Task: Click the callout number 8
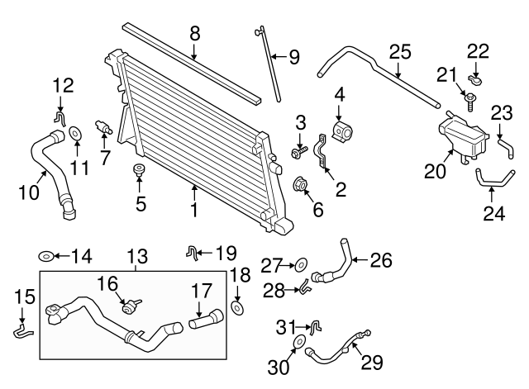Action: tap(195, 34)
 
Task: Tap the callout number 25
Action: tap(400, 52)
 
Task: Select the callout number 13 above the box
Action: tap(136, 257)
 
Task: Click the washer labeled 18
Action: tap(238, 307)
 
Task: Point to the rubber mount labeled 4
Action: tap(341, 131)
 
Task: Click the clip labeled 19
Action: tap(192, 251)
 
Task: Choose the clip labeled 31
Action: tap(315, 330)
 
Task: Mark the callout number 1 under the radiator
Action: tap(195, 211)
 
